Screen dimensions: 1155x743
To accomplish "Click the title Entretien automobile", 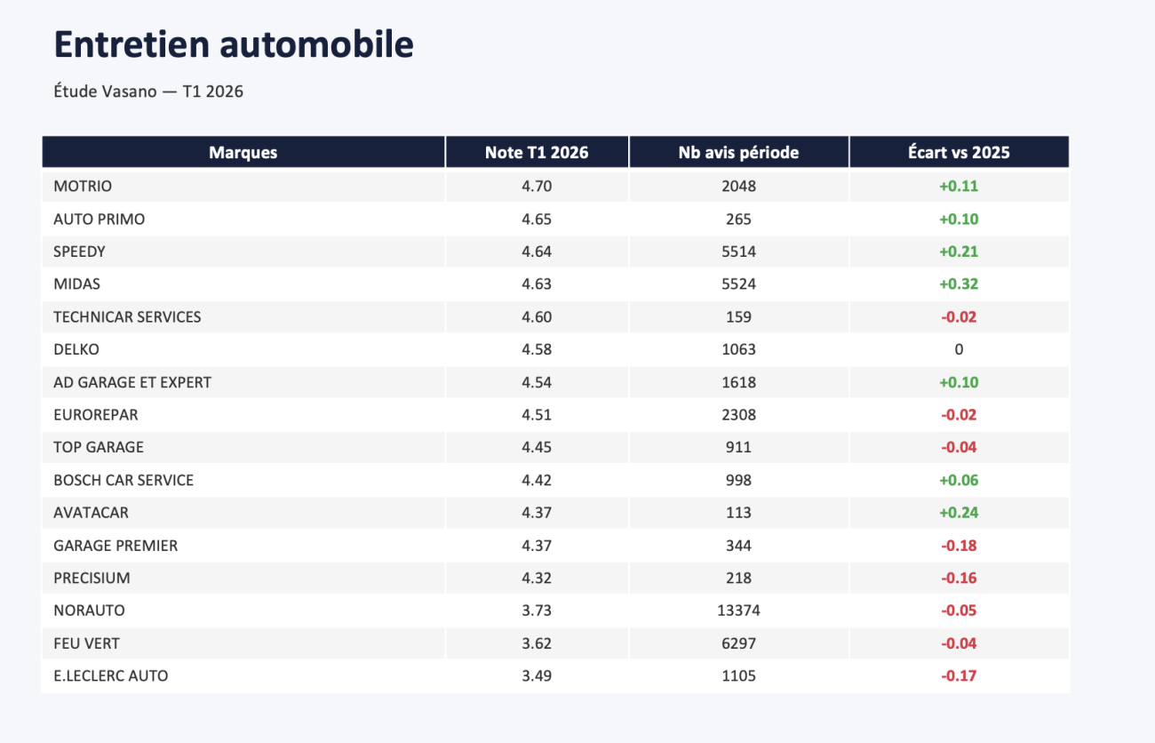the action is pyautogui.click(x=234, y=44).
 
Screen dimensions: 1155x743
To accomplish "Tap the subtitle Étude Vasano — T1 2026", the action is pyautogui.click(x=148, y=92).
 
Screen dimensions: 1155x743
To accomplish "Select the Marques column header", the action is pyautogui.click(x=243, y=152).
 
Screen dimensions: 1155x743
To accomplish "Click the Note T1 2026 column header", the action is pyautogui.click(x=537, y=152).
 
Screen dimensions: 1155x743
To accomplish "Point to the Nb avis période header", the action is pyautogui.click(x=738, y=152).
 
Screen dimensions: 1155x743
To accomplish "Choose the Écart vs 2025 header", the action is pyautogui.click(x=959, y=152).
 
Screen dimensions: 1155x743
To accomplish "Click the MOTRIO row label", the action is pyautogui.click(x=83, y=186).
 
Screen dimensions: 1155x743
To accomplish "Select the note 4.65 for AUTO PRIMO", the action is pyautogui.click(x=537, y=220).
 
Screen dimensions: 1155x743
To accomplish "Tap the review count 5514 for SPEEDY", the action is pyautogui.click(x=738, y=252).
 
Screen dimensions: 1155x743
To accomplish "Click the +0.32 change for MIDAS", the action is pyautogui.click(x=959, y=284).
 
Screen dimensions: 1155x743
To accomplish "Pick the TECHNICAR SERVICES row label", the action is pyautogui.click(x=127, y=316).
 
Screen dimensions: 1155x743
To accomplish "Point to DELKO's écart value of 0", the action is pyautogui.click(x=959, y=349).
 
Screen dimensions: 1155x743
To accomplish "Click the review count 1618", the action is pyautogui.click(x=738, y=382).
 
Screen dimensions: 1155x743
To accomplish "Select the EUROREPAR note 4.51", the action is pyautogui.click(x=537, y=415).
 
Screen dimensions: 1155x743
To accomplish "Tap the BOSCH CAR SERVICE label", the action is pyautogui.click(x=123, y=480).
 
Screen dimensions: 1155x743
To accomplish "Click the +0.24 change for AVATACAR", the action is pyautogui.click(x=959, y=513).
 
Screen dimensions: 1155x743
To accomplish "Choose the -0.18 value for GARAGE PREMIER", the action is pyautogui.click(x=959, y=546).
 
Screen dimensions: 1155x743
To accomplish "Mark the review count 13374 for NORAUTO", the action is pyautogui.click(x=738, y=611).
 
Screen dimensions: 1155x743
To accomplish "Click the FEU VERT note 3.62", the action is pyautogui.click(x=537, y=643).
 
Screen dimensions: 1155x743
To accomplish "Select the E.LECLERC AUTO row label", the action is pyautogui.click(x=111, y=676).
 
